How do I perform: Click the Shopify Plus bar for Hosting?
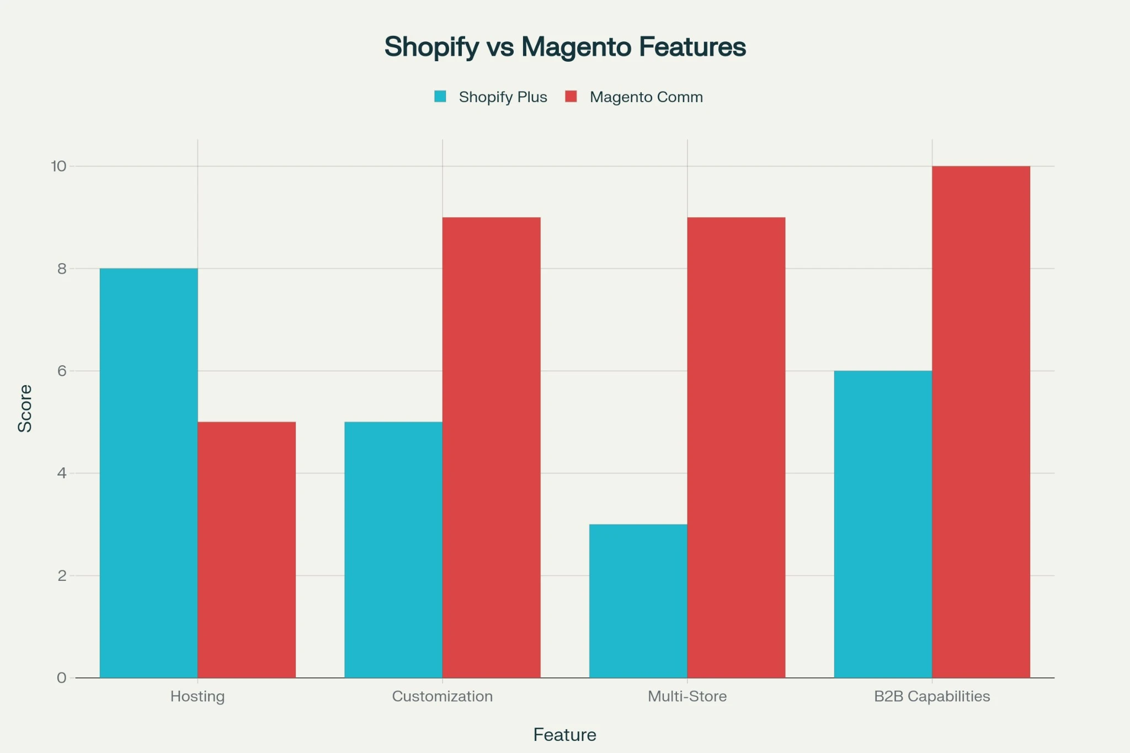tap(148, 473)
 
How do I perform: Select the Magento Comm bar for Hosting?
tap(247, 549)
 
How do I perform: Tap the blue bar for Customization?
tap(393, 549)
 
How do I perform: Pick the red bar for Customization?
tap(491, 447)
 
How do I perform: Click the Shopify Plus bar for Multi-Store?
tap(638, 601)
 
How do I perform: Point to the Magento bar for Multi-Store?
tap(736, 447)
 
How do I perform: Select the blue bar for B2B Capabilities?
tap(883, 524)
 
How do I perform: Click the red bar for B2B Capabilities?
tap(981, 422)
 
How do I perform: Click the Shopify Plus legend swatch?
tap(440, 97)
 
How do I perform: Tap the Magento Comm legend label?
tap(646, 97)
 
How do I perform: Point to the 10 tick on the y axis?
tap(58, 166)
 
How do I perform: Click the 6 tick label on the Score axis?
tap(62, 371)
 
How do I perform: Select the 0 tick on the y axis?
tap(62, 678)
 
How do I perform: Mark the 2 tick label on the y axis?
tap(62, 575)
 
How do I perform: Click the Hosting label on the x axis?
tap(198, 696)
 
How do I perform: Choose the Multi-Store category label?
tap(687, 696)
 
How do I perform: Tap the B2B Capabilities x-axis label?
tap(932, 696)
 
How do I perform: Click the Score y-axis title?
tap(25, 408)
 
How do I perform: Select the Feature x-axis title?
tap(564, 735)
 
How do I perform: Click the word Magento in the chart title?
tap(576, 47)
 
